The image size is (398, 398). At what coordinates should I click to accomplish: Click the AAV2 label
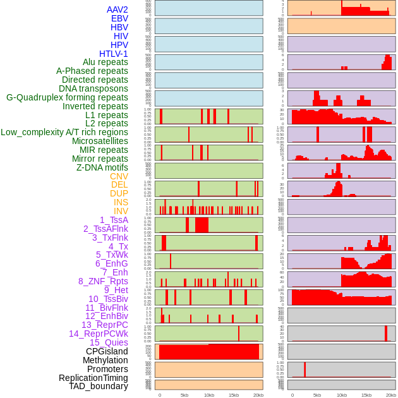click(118, 9)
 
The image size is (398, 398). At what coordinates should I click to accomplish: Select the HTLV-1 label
click(114, 54)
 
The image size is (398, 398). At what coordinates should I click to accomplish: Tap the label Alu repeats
click(106, 63)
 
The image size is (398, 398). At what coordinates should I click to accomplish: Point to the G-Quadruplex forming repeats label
click(67, 97)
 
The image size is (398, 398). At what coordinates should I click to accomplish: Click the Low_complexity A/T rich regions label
click(64, 132)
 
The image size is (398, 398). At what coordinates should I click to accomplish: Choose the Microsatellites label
click(100, 141)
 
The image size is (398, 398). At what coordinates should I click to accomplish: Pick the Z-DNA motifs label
click(102, 167)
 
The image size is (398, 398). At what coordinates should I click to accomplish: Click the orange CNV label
click(119, 176)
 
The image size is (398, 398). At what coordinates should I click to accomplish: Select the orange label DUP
click(119, 193)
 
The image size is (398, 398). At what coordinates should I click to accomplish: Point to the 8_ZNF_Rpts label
click(103, 281)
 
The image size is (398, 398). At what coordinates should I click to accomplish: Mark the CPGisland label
click(107, 351)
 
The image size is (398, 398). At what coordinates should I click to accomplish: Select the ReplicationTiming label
click(93, 378)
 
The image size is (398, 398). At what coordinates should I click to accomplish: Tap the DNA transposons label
click(93, 88)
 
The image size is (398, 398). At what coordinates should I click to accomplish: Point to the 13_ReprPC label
click(105, 325)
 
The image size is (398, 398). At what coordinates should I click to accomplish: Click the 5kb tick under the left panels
click(184, 395)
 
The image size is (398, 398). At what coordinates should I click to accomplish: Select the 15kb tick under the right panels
click(366, 395)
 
